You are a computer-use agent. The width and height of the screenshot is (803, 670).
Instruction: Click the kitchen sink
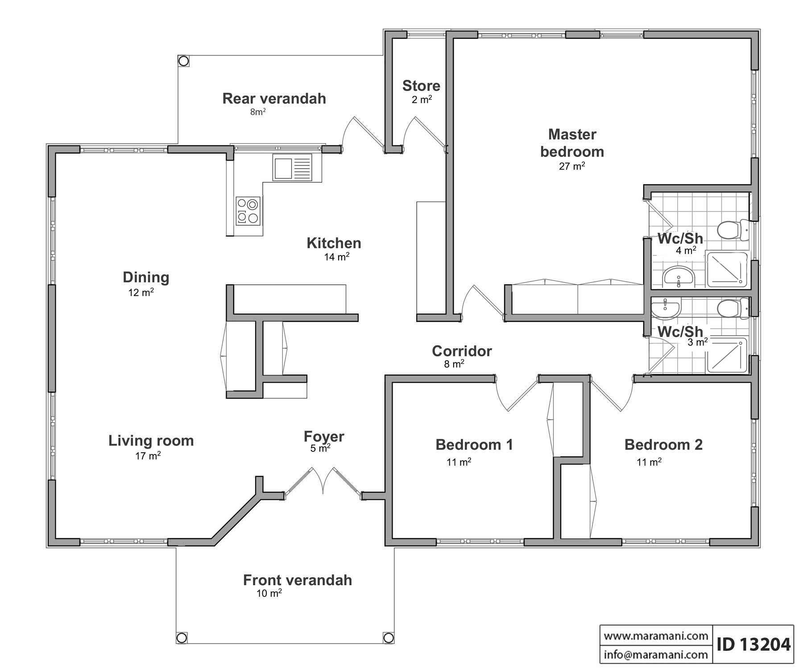(292, 168)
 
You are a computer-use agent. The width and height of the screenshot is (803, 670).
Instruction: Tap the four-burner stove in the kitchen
(248, 211)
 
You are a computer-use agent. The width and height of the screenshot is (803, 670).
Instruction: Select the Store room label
(421, 86)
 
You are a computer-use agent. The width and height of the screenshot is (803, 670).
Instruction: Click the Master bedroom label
(572, 143)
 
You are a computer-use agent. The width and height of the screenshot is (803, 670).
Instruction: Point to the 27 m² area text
(572, 166)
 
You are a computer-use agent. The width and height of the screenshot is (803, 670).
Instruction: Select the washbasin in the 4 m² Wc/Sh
(678, 276)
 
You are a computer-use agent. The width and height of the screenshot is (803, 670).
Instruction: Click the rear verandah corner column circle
(183, 60)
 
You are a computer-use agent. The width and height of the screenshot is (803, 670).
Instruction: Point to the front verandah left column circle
(182, 637)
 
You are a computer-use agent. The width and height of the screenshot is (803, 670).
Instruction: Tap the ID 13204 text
(753, 644)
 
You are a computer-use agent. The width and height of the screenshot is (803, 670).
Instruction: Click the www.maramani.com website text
(656, 635)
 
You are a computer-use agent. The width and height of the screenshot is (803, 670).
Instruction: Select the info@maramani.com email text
(656, 654)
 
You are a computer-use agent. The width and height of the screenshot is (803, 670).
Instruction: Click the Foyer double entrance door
(323, 482)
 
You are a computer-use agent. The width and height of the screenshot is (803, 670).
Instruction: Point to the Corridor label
(462, 351)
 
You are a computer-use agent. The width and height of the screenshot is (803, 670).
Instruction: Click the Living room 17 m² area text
(148, 456)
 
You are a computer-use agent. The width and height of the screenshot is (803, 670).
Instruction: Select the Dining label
(146, 277)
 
